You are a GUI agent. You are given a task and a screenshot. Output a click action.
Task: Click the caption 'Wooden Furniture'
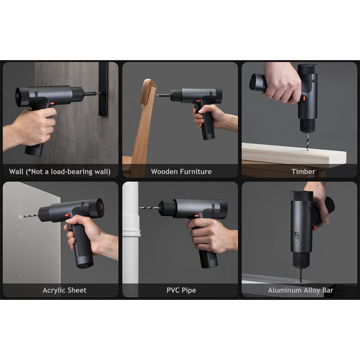point(181,171)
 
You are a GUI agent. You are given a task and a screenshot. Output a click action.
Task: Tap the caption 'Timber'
point(303,171)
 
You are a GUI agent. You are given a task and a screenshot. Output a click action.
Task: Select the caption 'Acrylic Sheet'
point(64,290)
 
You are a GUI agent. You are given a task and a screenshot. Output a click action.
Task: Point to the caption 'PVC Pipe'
point(181,290)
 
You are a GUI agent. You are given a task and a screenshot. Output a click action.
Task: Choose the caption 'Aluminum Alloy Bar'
point(301,290)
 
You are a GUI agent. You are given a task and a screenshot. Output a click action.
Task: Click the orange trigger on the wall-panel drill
point(52,104)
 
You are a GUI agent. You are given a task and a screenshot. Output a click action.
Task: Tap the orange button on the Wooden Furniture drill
point(198,101)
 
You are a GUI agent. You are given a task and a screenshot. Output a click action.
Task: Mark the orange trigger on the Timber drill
point(304,99)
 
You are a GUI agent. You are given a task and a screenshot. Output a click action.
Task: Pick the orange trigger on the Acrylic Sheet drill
point(67,215)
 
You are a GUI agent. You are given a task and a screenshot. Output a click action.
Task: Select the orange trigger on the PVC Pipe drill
point(197,216)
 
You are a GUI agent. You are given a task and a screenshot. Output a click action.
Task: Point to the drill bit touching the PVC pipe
point(150,208)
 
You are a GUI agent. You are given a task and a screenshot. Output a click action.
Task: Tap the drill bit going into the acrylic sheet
point(28,216)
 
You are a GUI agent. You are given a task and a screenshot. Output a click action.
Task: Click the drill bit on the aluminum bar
point(301,275)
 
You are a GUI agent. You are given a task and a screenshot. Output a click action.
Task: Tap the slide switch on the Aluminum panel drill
point(297,237)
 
